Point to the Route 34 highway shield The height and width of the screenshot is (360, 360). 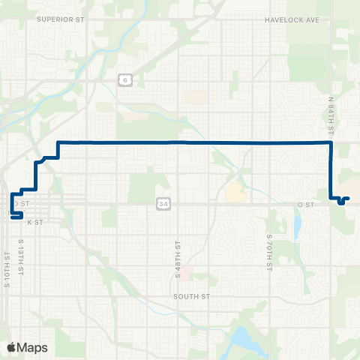(163, 203)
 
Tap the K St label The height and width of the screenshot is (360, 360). (32, 223)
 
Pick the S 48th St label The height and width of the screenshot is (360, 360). (178, 257)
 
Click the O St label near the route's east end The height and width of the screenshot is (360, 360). (304, 204)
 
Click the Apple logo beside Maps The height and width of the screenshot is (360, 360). (12, 347)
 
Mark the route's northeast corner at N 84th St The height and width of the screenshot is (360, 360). (331, 142)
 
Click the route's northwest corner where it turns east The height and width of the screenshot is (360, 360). (59, 142)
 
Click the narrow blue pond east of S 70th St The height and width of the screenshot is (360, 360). (298, 224)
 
